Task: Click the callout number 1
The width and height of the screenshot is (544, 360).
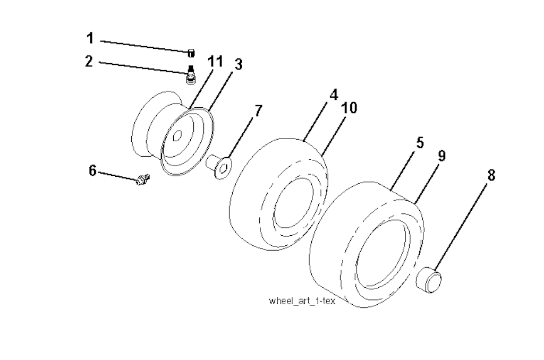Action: [90, 38]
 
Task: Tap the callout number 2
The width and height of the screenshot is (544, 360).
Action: [89, 61]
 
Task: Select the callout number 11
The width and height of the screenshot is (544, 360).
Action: [215, 61]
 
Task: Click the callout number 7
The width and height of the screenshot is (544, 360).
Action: [258, 111]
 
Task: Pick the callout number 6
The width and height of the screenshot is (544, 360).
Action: [92, 170]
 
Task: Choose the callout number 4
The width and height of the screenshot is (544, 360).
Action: [333, 95]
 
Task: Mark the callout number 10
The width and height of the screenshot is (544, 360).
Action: [349, 108]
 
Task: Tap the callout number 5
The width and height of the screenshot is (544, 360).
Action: [420, 143]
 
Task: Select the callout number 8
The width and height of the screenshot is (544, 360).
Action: [491, 175]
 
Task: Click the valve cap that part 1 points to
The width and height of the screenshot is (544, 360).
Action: [191, 52]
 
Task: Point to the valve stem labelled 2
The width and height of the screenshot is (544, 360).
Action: [190, 75]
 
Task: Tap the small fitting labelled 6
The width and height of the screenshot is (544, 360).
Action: [142, 181]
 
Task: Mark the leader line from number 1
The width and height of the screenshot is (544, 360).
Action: [143, 46]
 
